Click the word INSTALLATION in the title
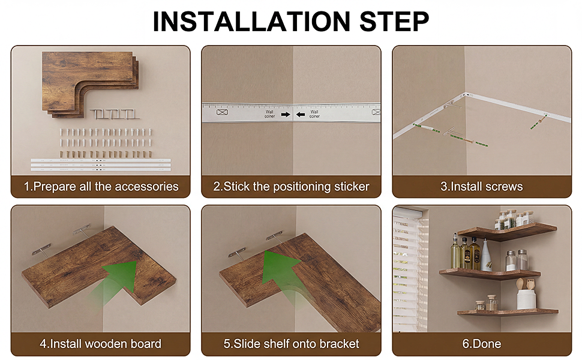(x=251, y=22)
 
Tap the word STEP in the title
(x=394, y=22)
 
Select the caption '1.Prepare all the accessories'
(x=101, y=187)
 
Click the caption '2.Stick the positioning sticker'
(x=291, y=187)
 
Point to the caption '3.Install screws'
(x=481, y=187)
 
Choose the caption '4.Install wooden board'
(x=101, y=344)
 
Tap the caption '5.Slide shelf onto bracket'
(x=291, y=344)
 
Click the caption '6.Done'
(x=481, y=344)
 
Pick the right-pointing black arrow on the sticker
(x=286, y=115)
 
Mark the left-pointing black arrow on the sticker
(x=300, y=115)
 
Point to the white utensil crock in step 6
(x=526, y=299)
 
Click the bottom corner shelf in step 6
(x=507, y=312)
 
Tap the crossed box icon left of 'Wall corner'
(x=222, y=112)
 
